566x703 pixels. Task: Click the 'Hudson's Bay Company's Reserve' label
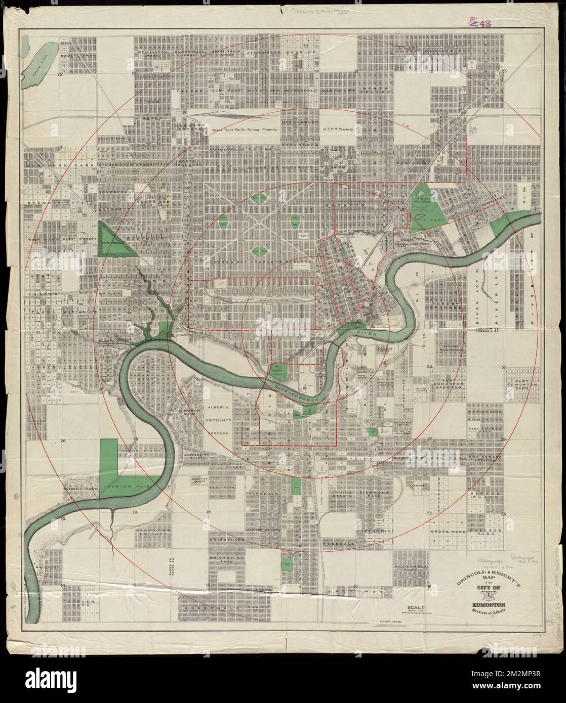(x=242, y=263)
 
